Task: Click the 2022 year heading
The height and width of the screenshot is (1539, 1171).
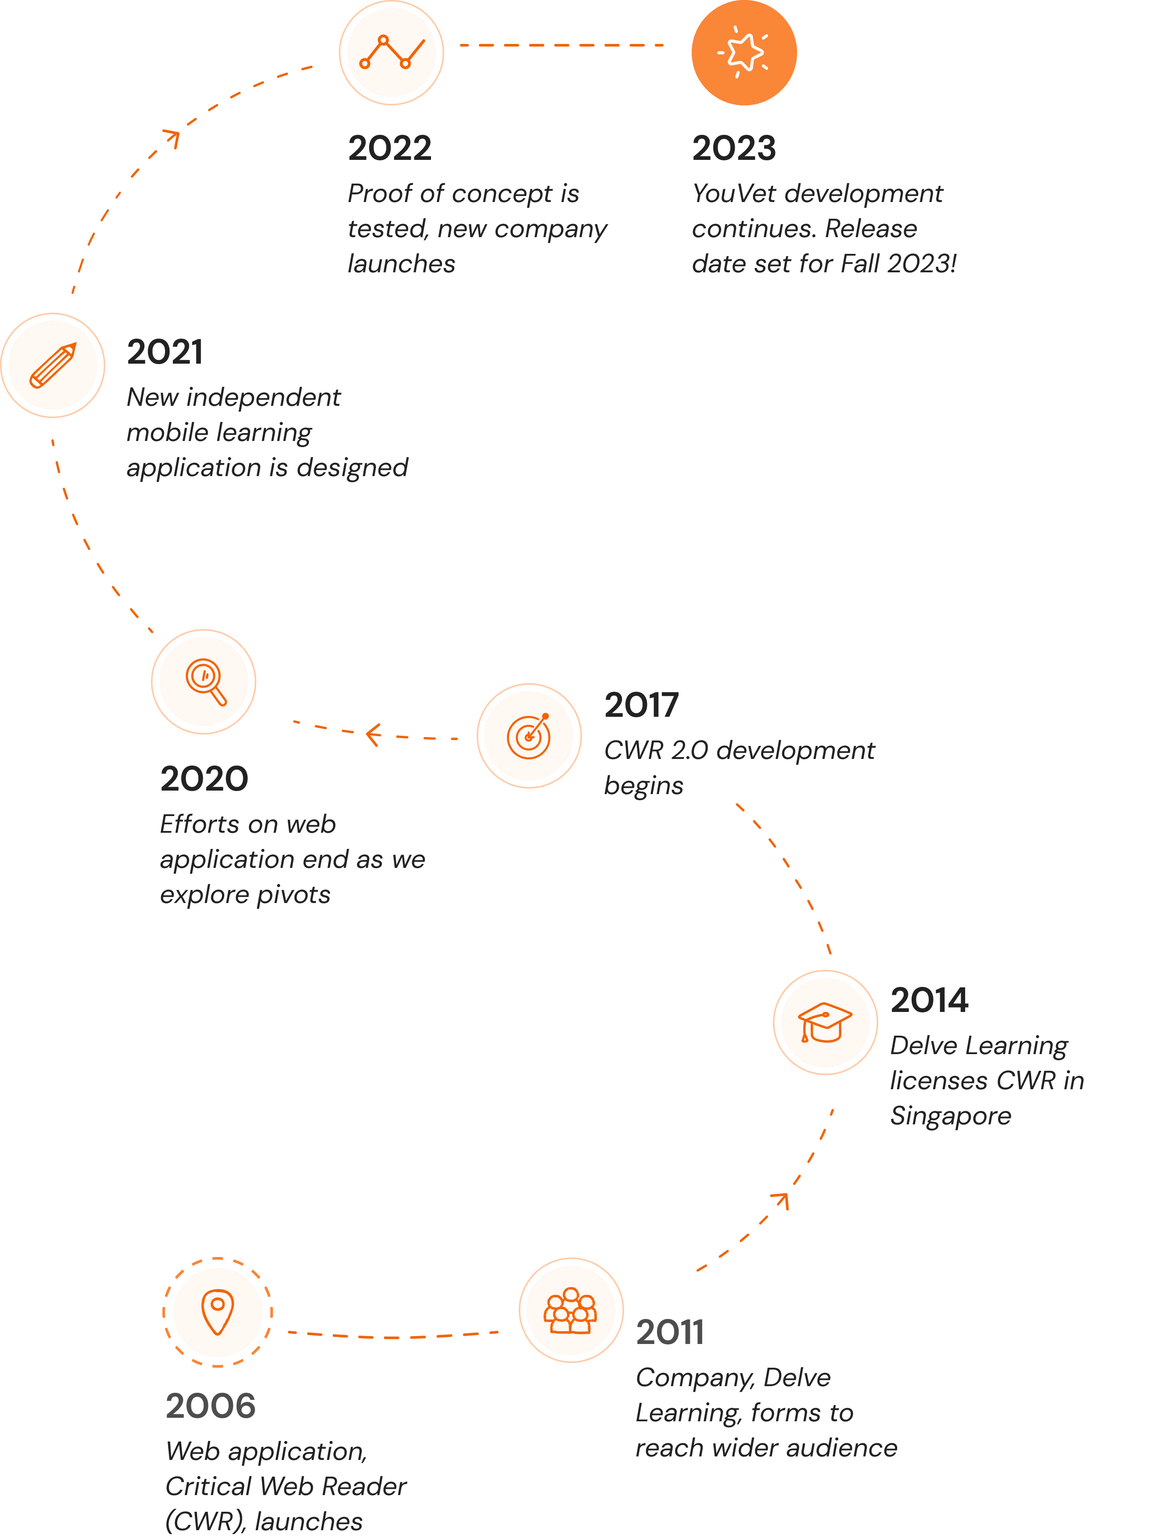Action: (x=390, y=148)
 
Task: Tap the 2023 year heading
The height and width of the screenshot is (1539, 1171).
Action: (x=733, y=148)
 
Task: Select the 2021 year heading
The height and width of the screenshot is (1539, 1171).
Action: (x=165, y=352)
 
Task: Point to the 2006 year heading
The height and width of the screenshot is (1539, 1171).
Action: (x=211, y=1406)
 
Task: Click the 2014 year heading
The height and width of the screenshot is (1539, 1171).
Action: (x=929, y=1001)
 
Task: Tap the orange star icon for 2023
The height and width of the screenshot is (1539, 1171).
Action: (x=744, y=52)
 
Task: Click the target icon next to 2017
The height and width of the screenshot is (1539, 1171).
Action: (x=529, y=736)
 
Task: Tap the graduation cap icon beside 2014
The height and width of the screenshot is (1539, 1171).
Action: (x=825, y=1022)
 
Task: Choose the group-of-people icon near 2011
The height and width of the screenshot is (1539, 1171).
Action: (x=571, y=1310)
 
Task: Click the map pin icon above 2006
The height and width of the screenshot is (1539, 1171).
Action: (x=217, y=1311)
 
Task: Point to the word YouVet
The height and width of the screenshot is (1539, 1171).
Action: (x=734, y=194)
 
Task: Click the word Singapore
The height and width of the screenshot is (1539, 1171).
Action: (x=951, y=1116)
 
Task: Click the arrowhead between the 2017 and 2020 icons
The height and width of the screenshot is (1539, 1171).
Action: (x=374, y=734)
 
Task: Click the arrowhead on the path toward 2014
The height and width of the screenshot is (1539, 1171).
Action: (x=781, y=1201)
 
